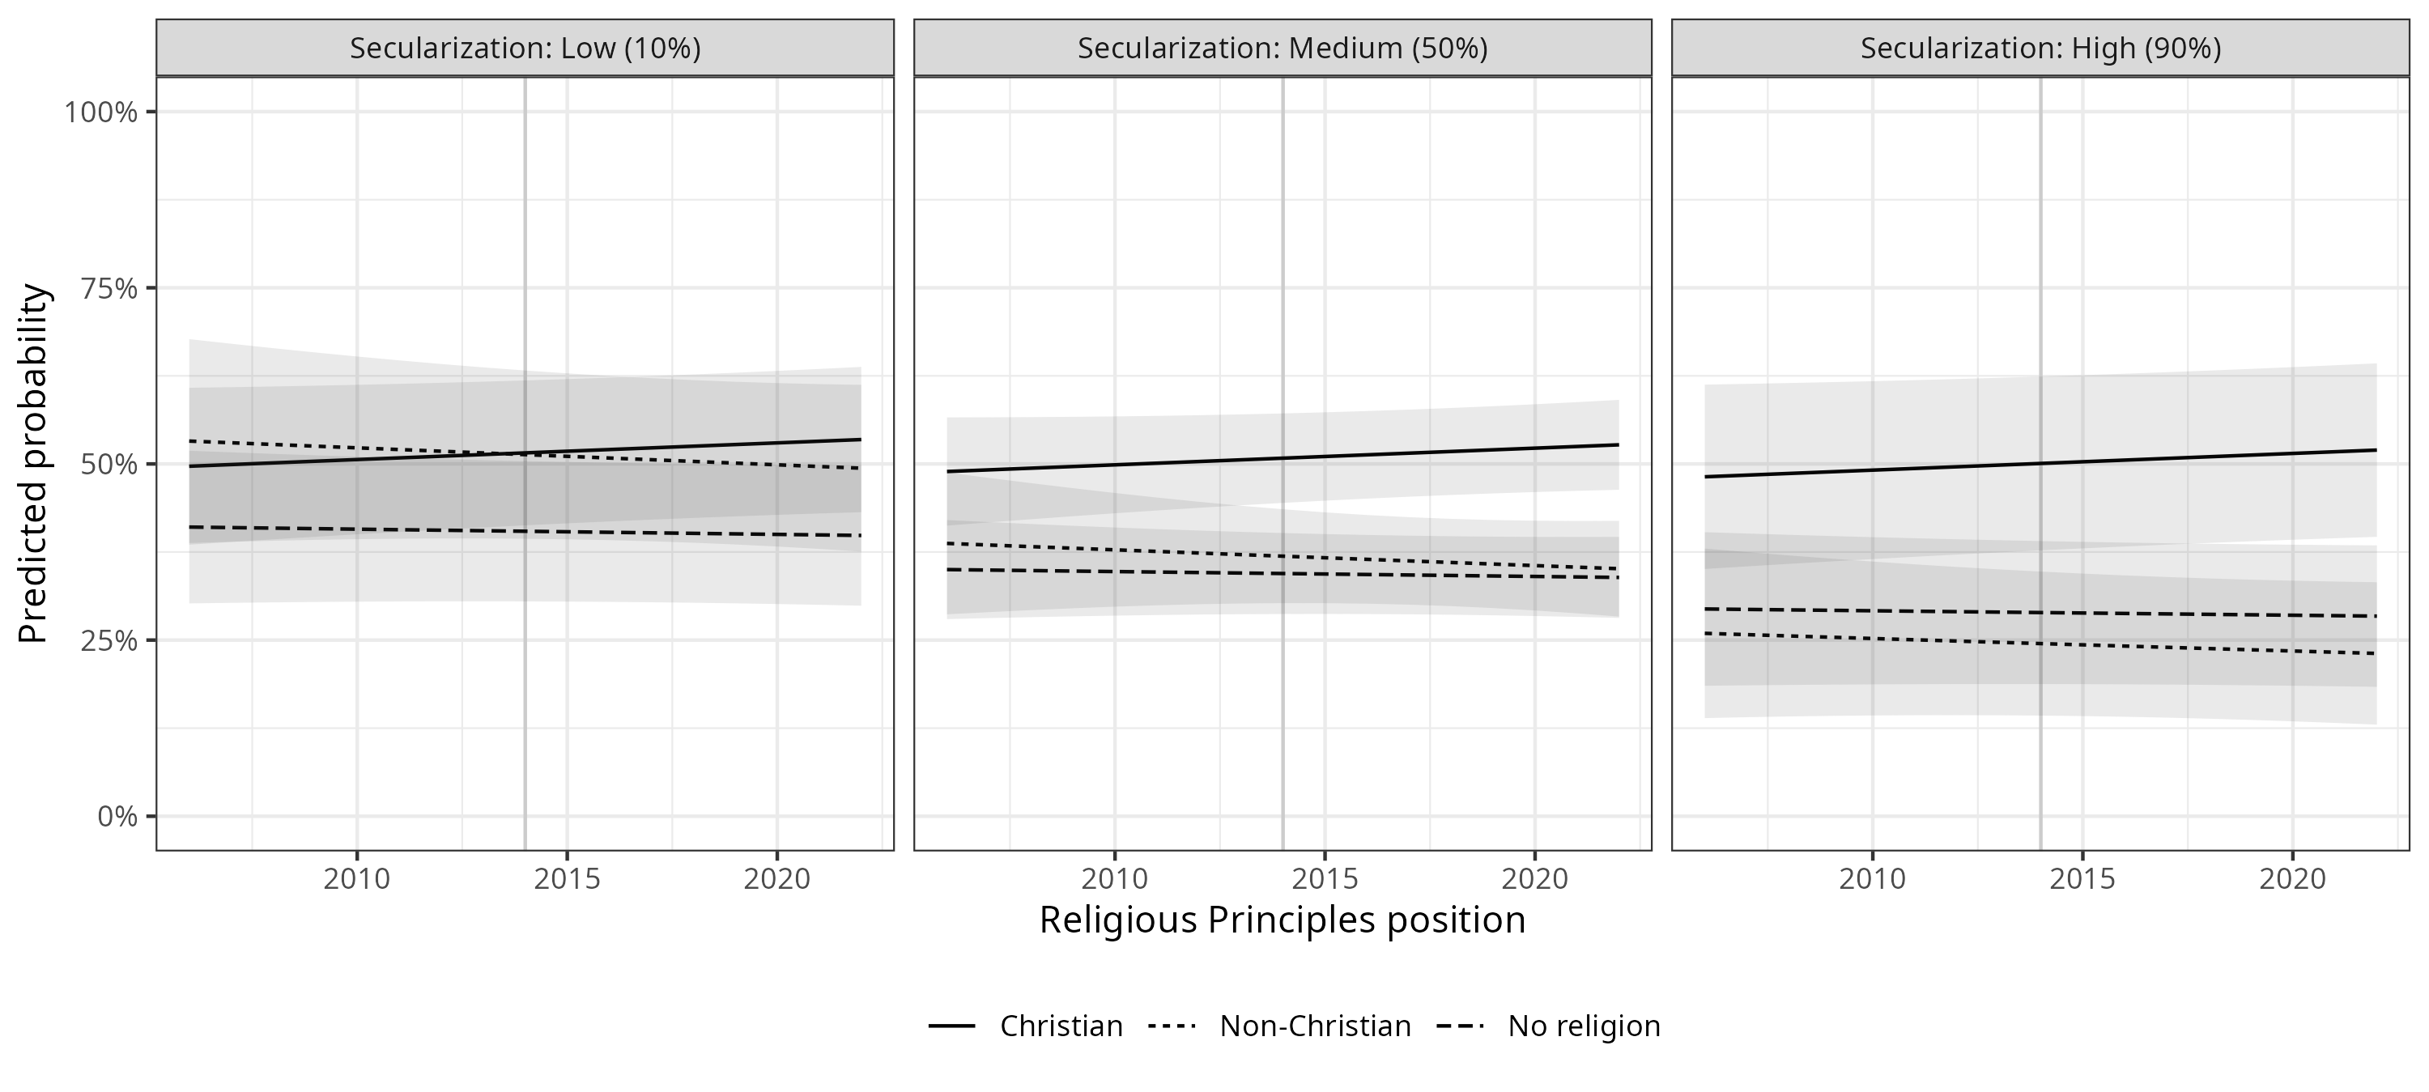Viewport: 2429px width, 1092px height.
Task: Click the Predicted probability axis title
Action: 33,464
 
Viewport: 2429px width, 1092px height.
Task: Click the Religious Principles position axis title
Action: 1283,920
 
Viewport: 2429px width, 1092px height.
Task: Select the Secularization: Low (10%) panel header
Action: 525,48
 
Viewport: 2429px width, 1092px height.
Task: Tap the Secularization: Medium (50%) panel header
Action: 1283,48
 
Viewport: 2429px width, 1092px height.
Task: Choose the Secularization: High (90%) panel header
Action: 2040,48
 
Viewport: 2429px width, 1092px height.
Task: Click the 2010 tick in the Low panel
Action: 356,879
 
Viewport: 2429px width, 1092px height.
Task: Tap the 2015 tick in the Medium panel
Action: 1325,879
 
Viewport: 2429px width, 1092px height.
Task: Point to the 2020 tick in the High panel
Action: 2292,879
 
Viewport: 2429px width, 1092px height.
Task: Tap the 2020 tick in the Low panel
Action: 777,879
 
